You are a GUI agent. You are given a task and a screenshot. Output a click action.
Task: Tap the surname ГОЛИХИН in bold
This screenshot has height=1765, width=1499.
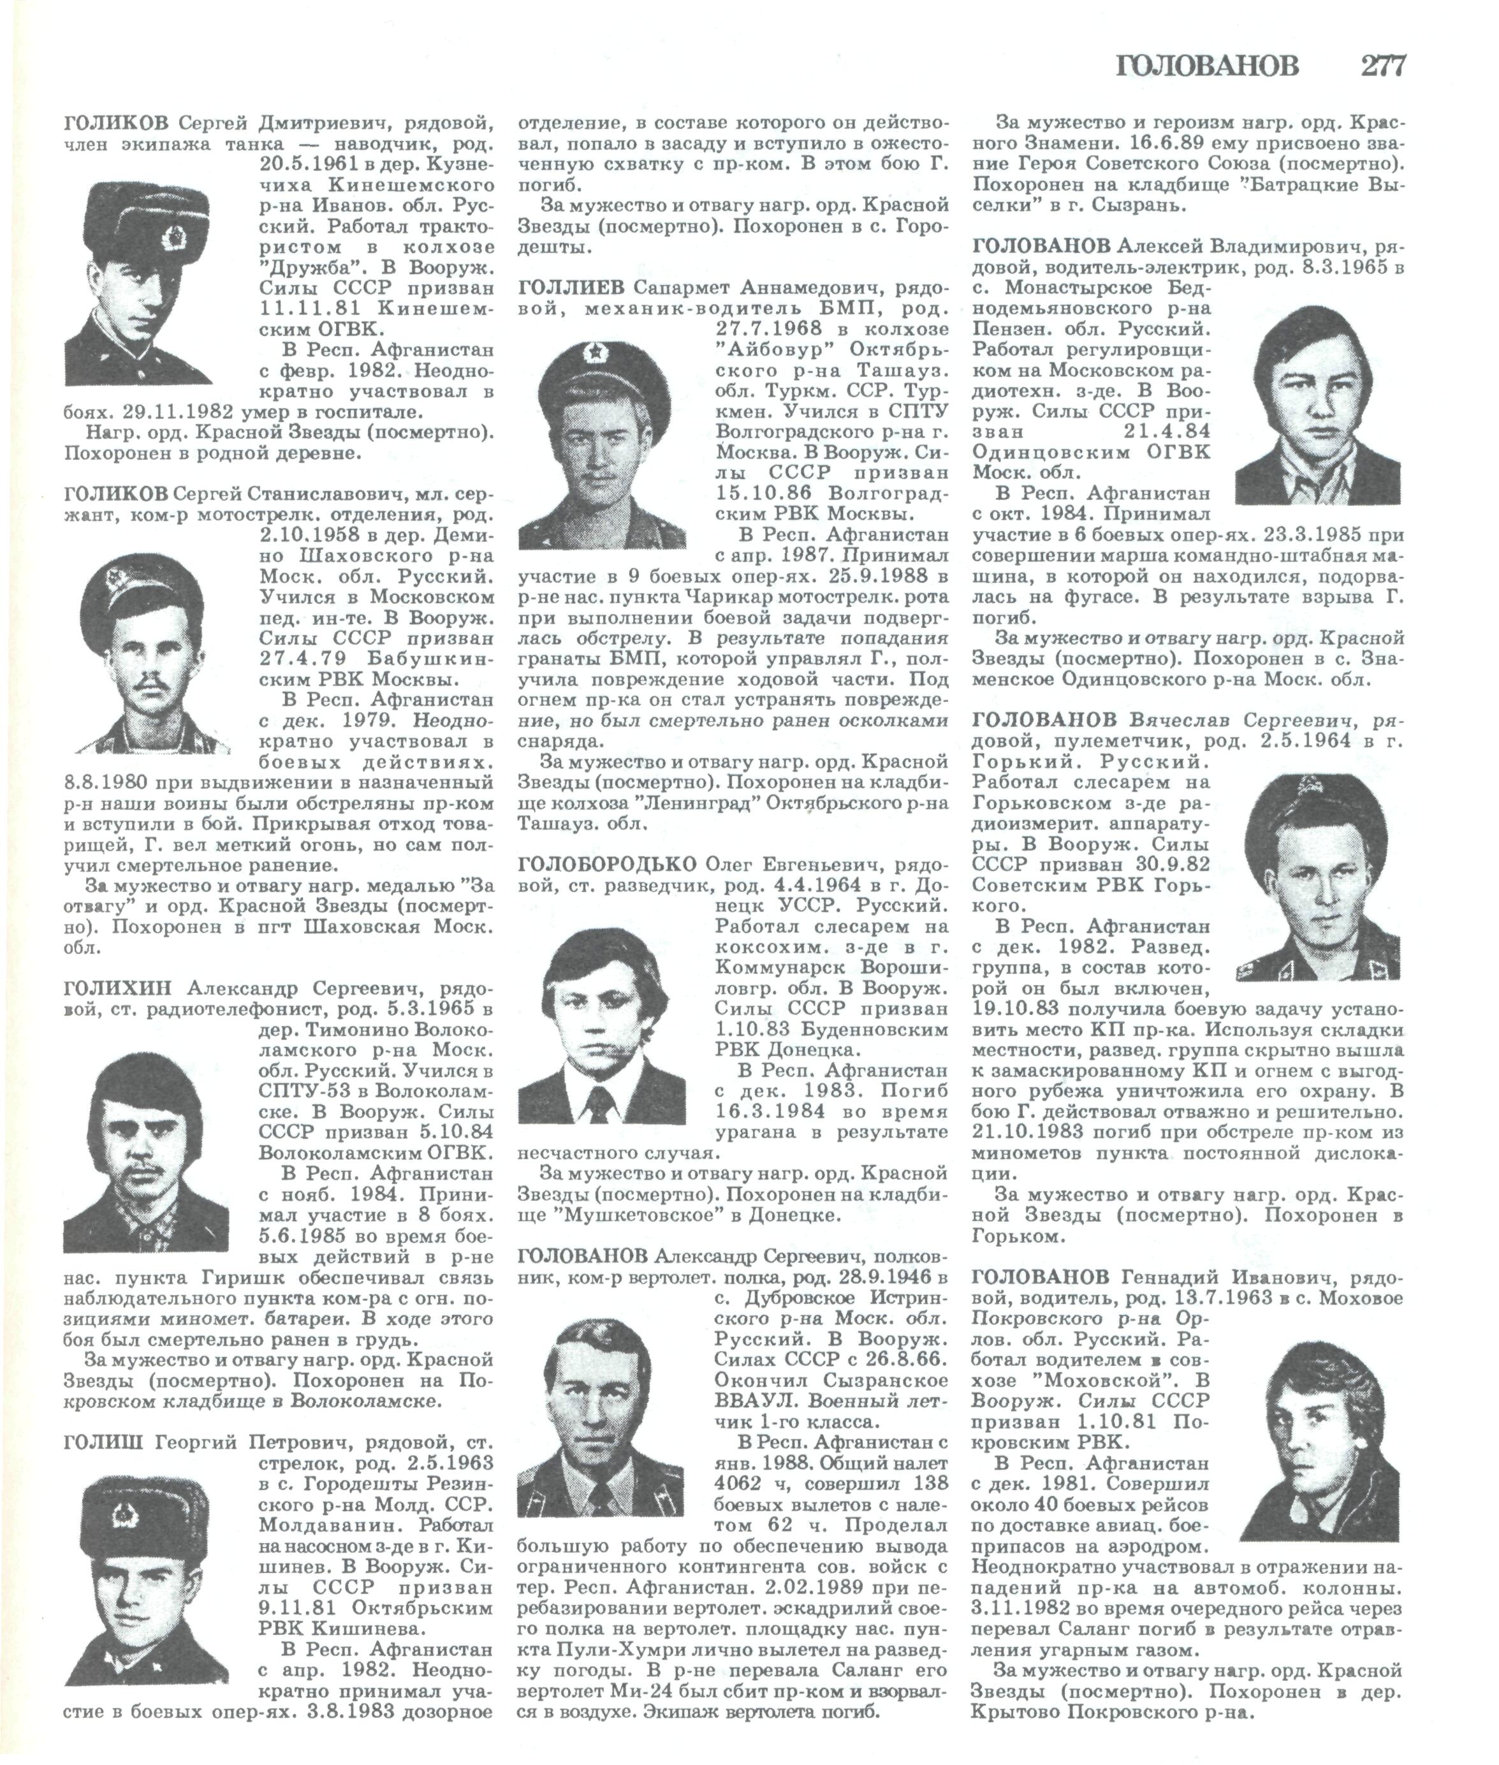click(x=117, y=988)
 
